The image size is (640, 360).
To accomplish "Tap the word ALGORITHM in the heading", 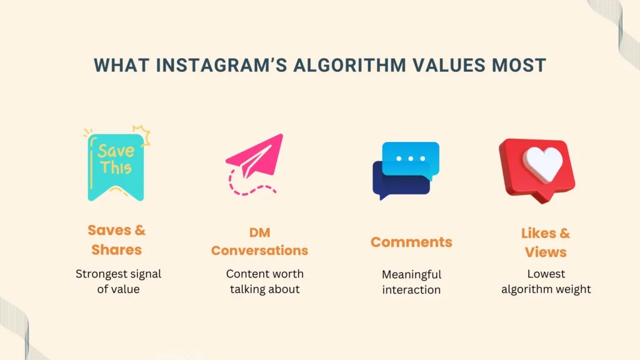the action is coord(350,65).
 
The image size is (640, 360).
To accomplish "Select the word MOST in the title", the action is coord(519,65).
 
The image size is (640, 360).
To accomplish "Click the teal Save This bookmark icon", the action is coord(116,167).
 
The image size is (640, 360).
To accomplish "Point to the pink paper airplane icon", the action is coord(256,155).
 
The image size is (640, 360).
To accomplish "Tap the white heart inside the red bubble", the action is coord(543,164).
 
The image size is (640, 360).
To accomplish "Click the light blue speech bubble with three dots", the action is coord(411,158).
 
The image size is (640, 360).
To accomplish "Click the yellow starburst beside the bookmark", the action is coord(142,134).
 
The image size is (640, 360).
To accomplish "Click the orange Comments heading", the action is coord(411,242).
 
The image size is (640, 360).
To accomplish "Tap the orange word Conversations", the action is coord(259,250).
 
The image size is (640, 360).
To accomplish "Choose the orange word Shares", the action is coord(117,249).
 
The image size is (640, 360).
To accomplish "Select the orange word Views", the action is coord(546,252).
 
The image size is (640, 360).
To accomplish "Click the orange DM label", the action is coord(260,232).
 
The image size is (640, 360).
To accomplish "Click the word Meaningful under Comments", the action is coord(411,274).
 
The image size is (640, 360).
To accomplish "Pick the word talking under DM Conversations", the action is coord(246,289).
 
